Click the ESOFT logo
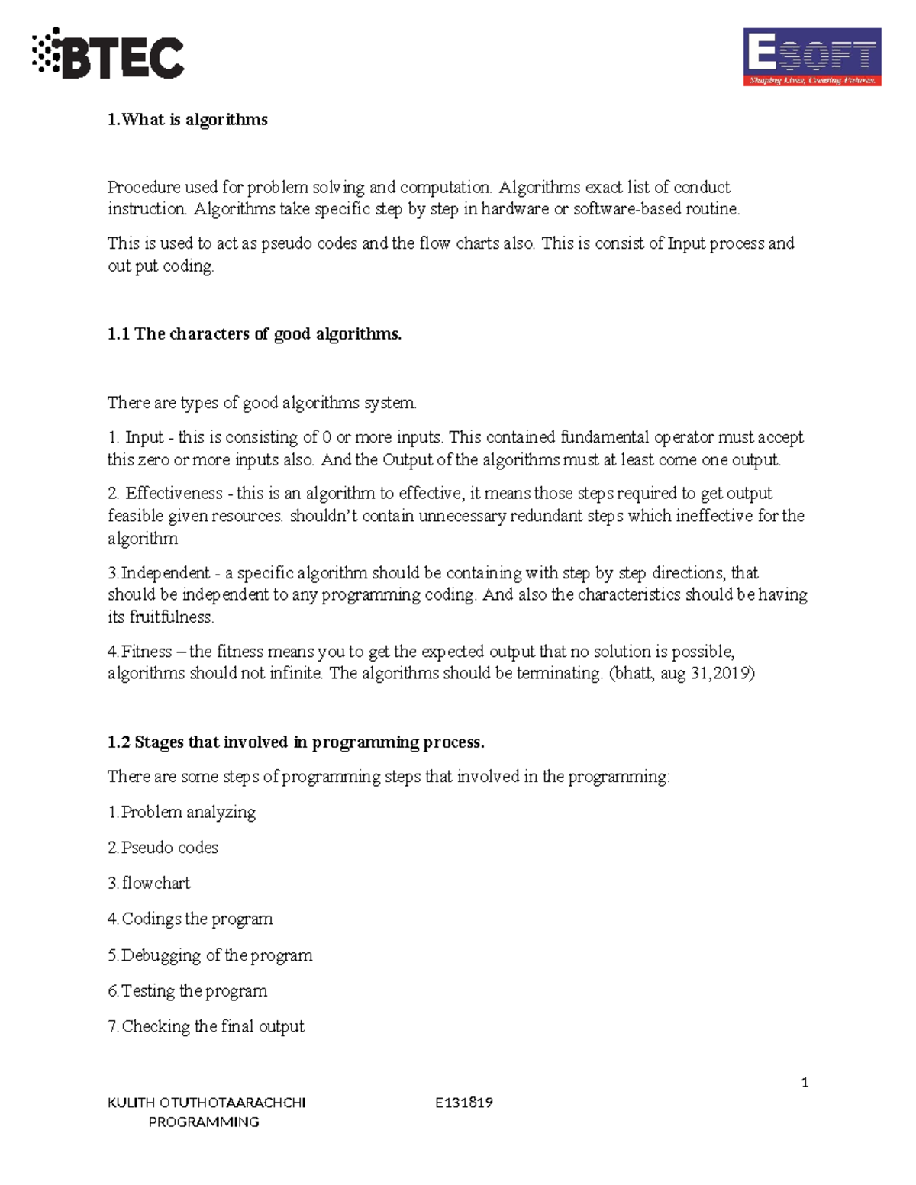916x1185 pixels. tap(811, 57)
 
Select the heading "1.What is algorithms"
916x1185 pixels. tap(187, 120)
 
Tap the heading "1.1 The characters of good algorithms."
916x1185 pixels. tap(254, 334)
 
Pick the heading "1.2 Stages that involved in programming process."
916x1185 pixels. tap(295, 742)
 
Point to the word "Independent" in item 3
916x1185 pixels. tap(166, 573)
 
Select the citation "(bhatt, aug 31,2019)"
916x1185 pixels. tap(681, 674)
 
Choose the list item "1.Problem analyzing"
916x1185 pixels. tap(182, 812)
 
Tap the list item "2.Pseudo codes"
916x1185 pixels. tap(163, 848)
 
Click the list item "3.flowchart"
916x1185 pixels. tap(149, 884)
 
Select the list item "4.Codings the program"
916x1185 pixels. tap(190, 919)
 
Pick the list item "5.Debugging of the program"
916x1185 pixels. tap(210, 955)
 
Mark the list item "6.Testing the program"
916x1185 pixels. tap(187, 991)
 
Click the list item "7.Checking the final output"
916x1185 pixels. tap(206, 1027)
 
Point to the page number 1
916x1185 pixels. tap(805, 1083)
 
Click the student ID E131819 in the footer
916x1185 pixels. tap(463, 1103)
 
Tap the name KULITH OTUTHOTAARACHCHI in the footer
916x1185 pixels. tap(207, 1103)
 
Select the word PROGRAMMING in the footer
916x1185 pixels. tap(204, 1122)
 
